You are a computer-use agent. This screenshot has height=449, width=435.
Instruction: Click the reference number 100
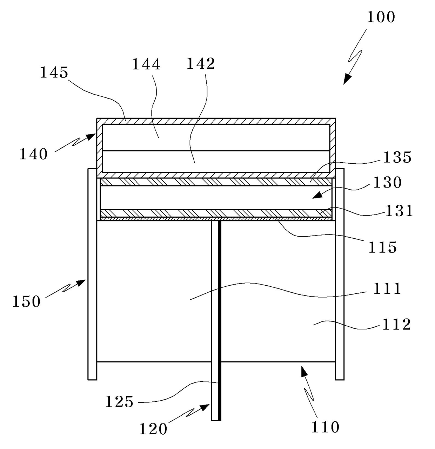click(381, 17)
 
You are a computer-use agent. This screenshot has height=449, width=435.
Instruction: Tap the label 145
click(54, 73)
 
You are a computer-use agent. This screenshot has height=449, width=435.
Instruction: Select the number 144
click(146, 64)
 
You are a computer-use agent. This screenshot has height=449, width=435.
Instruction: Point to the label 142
click(201, 64)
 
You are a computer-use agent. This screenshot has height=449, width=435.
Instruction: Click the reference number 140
click(33, 154)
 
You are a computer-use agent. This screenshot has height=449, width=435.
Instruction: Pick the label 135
click(397, 158)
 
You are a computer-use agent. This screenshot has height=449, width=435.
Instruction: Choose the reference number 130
click(388, 183)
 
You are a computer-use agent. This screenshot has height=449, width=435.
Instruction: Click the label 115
click(382, 247)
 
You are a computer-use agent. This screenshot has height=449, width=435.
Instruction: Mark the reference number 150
click(27, 301)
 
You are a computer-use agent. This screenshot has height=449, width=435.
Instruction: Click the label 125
click(120, 402)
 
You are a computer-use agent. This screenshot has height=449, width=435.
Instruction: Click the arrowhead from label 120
click(206, 407)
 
